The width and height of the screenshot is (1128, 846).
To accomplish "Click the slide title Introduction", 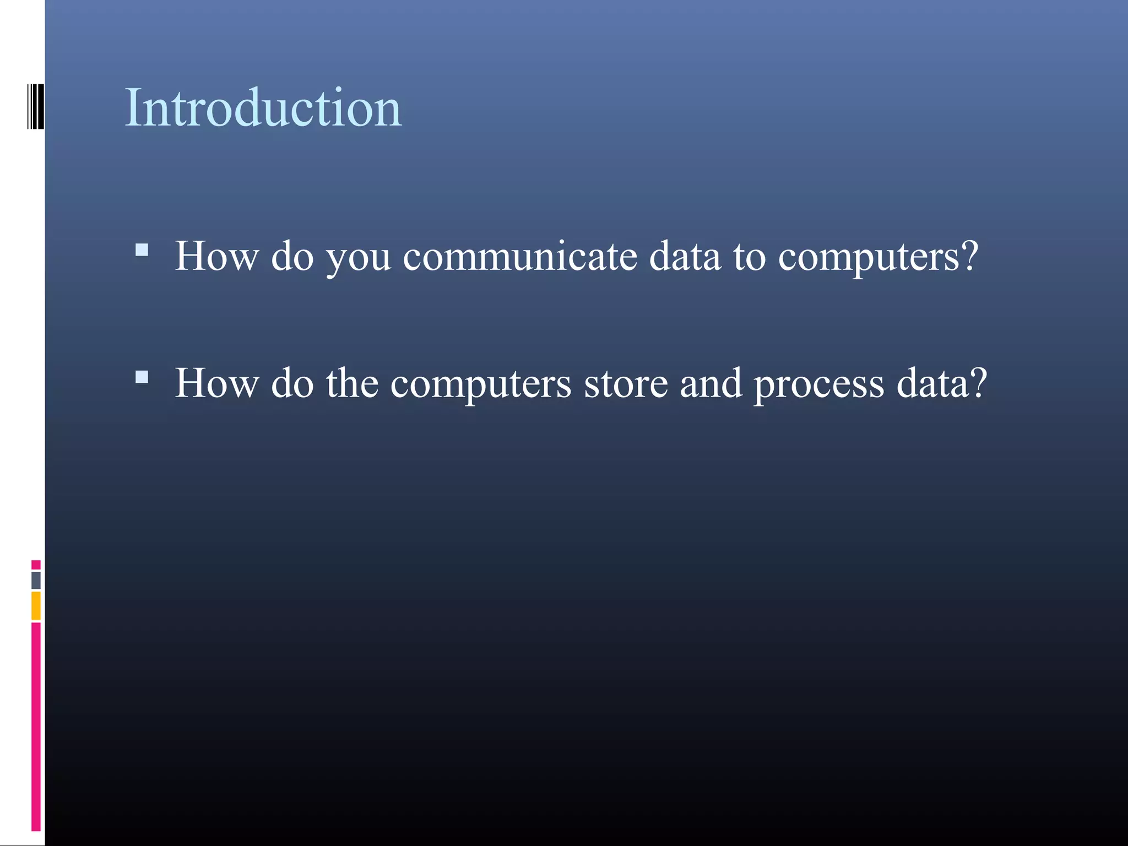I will point(263,108).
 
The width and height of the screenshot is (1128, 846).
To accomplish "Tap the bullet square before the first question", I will point(142,251).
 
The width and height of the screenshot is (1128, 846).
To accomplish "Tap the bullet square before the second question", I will point(142,377).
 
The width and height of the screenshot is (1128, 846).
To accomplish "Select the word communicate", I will point(519,257).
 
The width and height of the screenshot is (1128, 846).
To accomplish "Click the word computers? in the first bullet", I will point(878,258).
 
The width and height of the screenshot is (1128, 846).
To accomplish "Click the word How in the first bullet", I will point(216,257).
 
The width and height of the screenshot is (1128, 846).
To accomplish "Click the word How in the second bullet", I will point(216,383).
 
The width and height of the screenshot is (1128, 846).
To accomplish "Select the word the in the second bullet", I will point(352,383).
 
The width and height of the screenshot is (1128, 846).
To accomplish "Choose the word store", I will point(626,384).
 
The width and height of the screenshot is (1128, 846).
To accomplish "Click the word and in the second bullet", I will point(711,383).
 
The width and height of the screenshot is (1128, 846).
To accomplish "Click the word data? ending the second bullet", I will point(942,383).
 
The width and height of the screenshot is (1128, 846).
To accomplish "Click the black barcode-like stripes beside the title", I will point(36,106).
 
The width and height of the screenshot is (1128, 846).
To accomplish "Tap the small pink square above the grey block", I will point(36,565).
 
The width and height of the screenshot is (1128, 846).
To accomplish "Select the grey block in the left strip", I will point(36,580).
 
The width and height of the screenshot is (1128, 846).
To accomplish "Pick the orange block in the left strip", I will point(36,605).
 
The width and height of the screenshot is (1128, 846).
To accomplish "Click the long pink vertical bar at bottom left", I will point(36,726).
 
